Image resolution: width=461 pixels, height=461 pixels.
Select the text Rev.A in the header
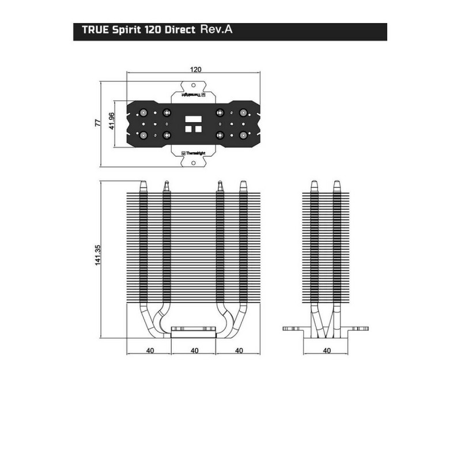pos(217,30)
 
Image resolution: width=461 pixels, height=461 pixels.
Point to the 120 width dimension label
pos(195,69)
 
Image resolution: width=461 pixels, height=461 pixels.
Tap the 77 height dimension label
pos(97,123)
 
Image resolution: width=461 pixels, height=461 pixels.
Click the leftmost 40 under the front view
pos(149,350)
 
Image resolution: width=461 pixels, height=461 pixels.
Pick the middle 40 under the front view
pos(195,350)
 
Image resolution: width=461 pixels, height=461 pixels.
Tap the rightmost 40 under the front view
pos(240,350)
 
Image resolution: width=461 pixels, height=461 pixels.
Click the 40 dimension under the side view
pos(327,350)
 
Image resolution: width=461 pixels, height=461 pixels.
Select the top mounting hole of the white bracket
pos(194,85)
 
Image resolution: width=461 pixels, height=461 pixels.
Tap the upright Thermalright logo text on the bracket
pos(194,153)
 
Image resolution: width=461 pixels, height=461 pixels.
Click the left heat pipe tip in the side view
pos(313,185)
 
